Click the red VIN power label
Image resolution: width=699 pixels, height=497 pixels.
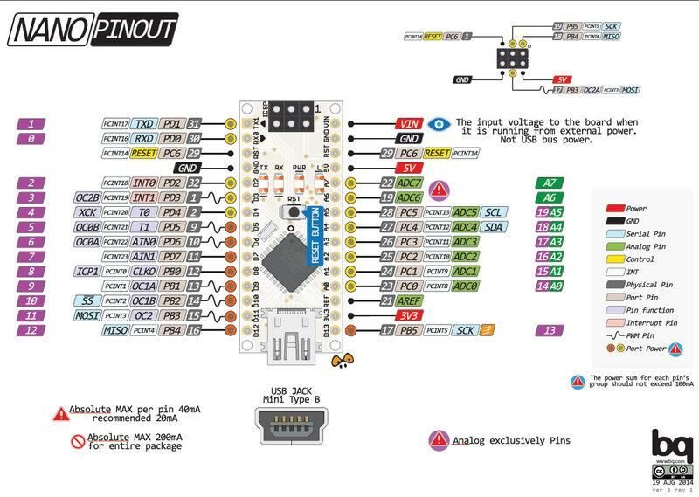point(408,123)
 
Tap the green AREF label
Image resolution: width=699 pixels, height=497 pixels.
point(408,300)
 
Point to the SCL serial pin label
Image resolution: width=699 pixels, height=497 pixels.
point(493,212)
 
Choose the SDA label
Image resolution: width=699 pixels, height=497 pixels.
point(493,227)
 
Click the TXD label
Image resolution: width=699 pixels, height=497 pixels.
point(144,124)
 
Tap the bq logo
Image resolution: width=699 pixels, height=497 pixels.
point(668,445)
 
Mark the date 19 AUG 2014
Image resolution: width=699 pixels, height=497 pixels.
point(671,481)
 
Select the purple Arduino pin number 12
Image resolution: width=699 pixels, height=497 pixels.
point(31,330)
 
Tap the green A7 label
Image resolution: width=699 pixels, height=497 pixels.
point(549,183)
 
